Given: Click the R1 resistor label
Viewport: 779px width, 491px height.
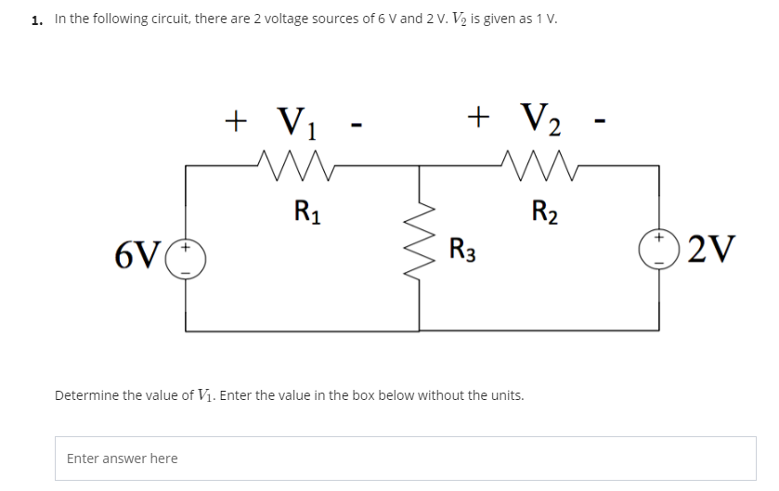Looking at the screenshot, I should pos(303,207).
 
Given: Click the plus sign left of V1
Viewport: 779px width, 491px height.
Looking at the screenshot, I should pos(238,119).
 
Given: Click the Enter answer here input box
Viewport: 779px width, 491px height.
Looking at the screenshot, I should pos(405,459).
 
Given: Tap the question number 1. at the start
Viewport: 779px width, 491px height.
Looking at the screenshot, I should pos(37,19).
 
